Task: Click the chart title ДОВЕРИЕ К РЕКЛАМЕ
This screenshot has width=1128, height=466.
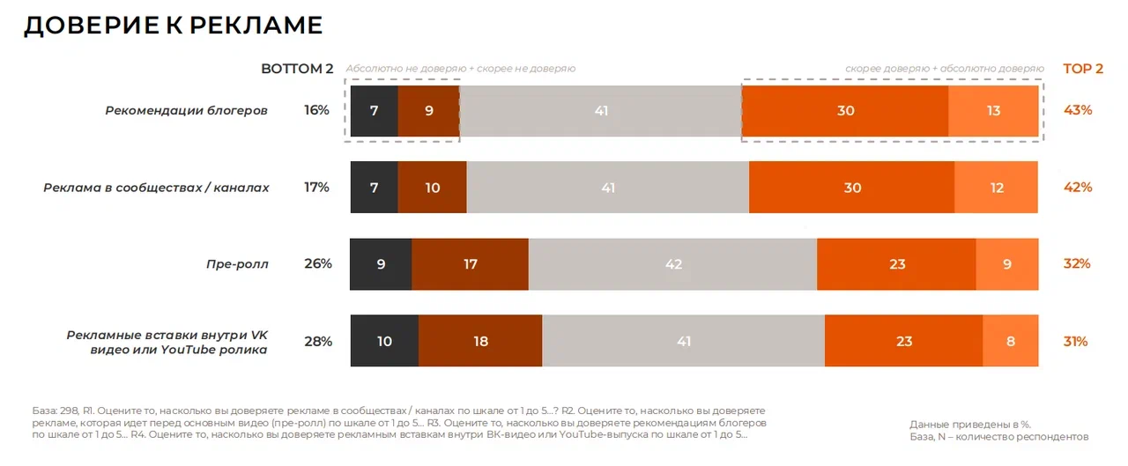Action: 173,26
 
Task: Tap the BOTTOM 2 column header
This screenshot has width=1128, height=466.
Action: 297,69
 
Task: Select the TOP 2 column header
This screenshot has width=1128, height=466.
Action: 1082,69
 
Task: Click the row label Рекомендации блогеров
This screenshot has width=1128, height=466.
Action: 186,111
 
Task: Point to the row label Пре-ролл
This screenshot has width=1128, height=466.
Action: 237,263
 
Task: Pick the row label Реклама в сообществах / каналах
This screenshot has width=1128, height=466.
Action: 156,188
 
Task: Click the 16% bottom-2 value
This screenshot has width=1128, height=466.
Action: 316,111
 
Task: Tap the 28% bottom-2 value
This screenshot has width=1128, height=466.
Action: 317,341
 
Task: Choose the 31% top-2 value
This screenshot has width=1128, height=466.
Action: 1076,341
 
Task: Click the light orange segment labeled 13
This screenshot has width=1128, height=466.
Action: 993,111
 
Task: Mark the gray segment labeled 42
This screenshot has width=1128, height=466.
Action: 673,263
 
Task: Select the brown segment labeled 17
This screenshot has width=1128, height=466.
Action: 470,263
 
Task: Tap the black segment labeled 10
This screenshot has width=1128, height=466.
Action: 384,341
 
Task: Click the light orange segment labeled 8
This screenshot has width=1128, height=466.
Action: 1011,341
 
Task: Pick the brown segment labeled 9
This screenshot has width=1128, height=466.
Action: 428,111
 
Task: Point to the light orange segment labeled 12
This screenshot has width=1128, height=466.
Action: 997,188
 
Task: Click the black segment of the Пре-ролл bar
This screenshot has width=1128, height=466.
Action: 381,263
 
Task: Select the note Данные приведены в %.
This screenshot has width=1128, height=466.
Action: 970,424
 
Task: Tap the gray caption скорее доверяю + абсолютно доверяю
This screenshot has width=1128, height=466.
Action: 944,69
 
